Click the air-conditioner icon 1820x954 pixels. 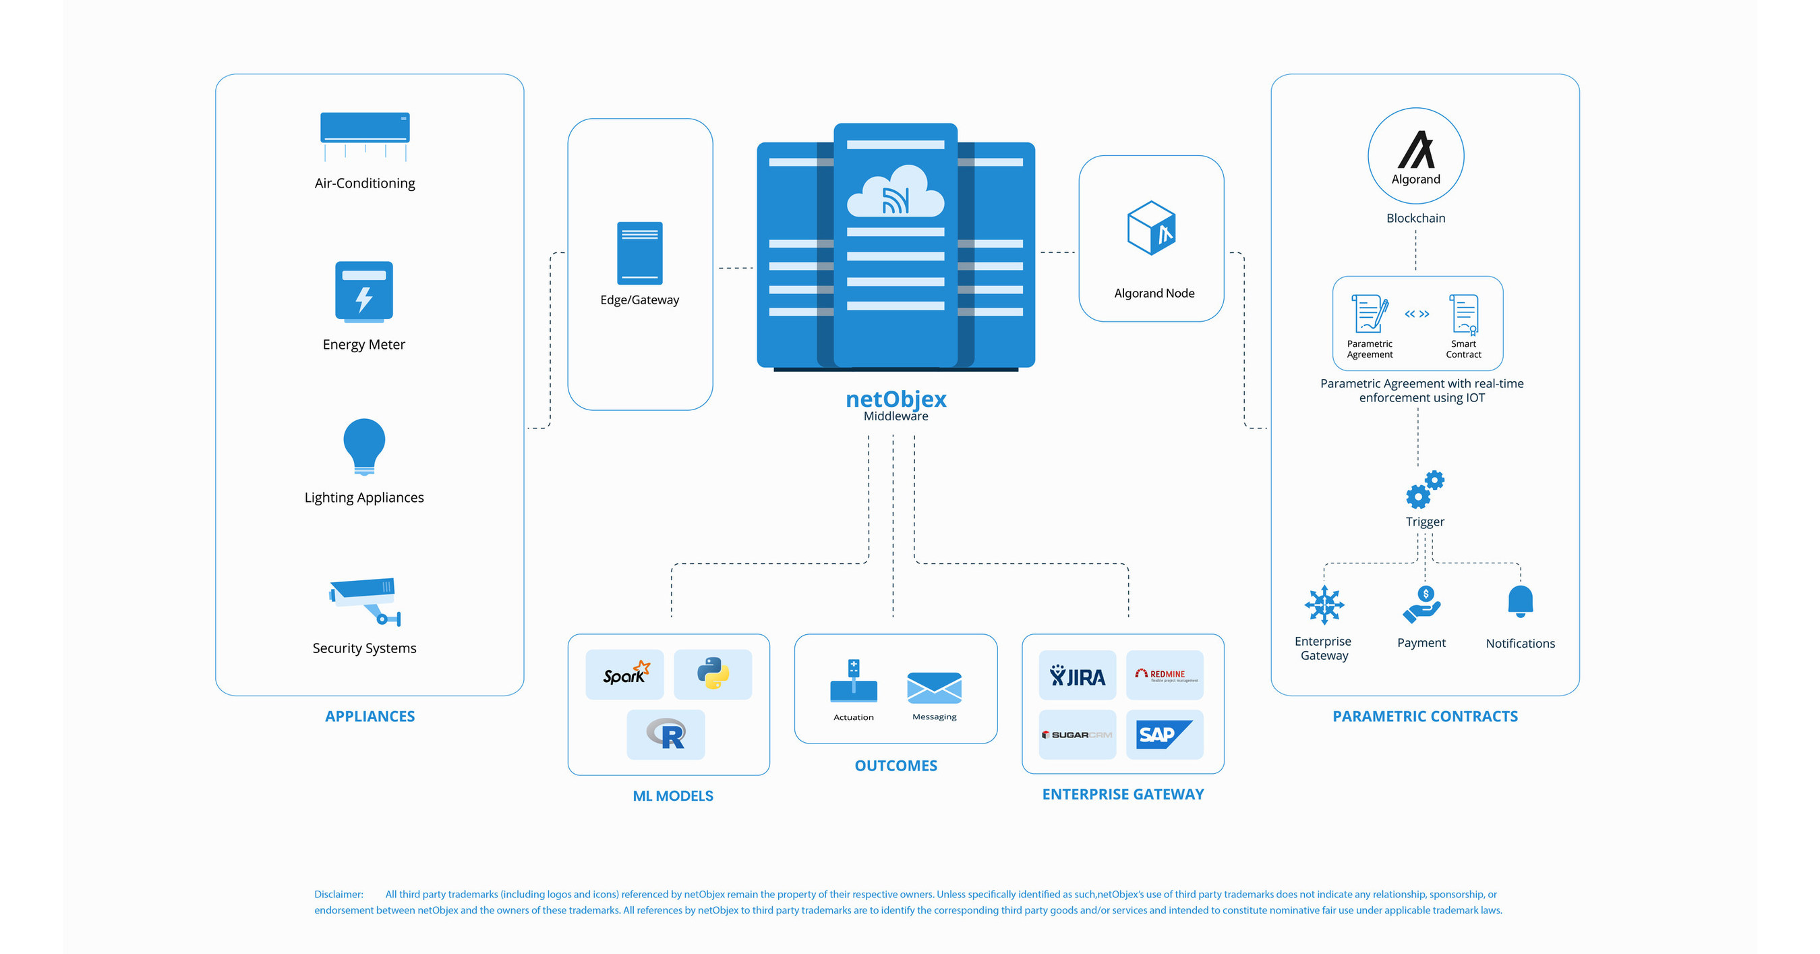[x=365, y=134]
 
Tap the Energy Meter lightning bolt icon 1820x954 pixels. [x=364, y=291]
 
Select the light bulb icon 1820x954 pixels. [x=364, y=446]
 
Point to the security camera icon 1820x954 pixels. [x=365, y=601]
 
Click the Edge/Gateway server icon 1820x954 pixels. [x=639, y=253]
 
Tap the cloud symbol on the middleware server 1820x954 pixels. [x=895, y=192]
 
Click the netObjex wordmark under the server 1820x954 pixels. [x=896, y=399]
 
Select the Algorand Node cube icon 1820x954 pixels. [x=1152, y=227]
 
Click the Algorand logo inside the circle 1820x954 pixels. [x=1416, y=150]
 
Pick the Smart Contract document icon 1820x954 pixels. [x=1464, y=314]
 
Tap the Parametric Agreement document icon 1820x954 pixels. [x=1370, y=313]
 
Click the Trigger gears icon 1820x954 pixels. [x=1424, y=489]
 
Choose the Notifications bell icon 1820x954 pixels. [x=1520, y=601]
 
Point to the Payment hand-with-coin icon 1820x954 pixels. [x=1421, y=605]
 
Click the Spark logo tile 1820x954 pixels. [x=624, y=674]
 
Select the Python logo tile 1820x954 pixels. [x=713, y=674]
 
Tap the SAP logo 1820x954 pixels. [x=1164, y=734]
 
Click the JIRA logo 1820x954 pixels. [x=1077, y=675]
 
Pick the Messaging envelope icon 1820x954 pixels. [x=934, y=688]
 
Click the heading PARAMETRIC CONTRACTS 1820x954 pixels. [x=1424, y=716]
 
